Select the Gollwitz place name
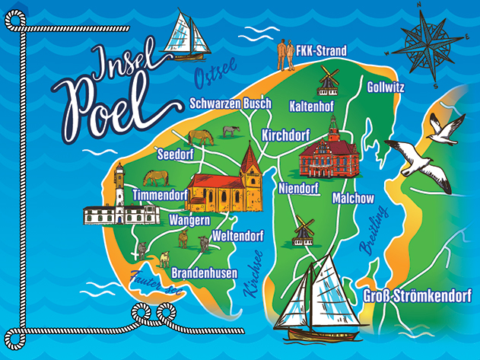[x=385, y=87]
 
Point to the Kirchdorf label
[x=285, y=135]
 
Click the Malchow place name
[x=353, y=198]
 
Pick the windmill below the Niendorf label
[x=304, y=228]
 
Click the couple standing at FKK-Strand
[x=287, y=53]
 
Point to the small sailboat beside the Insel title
[x=188, y=35]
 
